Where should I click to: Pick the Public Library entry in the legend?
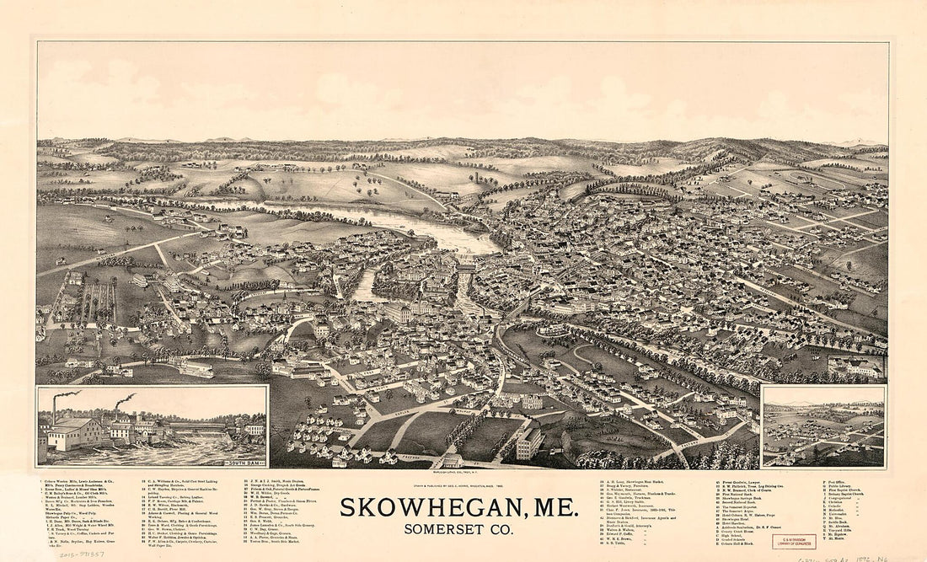(x=839, y=486)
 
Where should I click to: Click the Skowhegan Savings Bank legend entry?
(x=742, y=497)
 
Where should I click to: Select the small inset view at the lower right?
(x=823, y=426)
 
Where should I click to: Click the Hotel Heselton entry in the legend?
(x=734, y=523)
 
